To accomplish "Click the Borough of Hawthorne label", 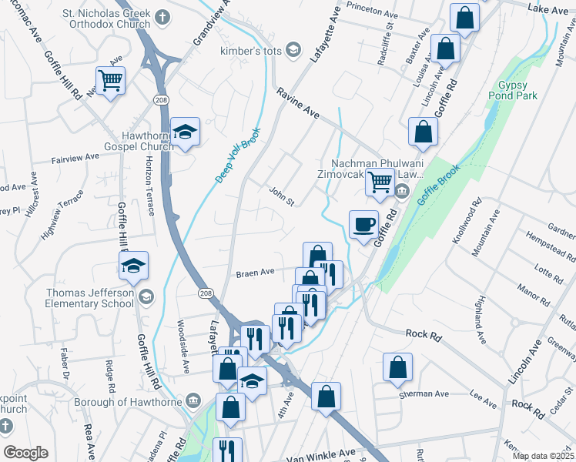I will [x=128, y=402].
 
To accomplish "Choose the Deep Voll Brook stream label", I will [x=238, y=155].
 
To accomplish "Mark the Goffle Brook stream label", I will [x=437, y=184].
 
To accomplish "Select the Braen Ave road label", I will [x=255, y=273].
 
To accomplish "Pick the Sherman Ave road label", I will [x=423, y=393].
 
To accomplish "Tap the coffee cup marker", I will [x=364, y=226].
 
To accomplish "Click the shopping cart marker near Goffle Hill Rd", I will [x=111, y=79].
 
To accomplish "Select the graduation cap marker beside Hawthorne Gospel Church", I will [x=185, y=134].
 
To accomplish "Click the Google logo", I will [x=26, y=453].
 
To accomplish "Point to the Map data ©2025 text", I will [x=542, y=456].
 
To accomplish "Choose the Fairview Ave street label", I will [x=75, y=156].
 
